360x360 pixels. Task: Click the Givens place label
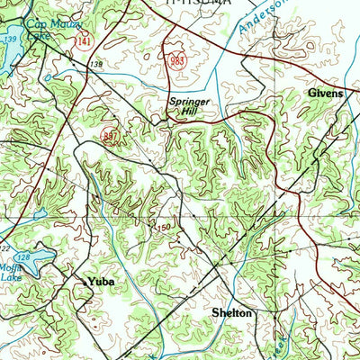click(325, 93)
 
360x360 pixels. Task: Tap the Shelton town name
click(232, 312)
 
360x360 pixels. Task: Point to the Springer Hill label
click(189, 106)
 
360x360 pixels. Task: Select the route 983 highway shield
click(176, 59)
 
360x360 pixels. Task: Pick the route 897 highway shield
click(111, 135)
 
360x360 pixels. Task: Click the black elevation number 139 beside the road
click(95, 65)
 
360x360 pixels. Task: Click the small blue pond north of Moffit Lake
click(40, 215)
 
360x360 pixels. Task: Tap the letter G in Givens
click(311, 93)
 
